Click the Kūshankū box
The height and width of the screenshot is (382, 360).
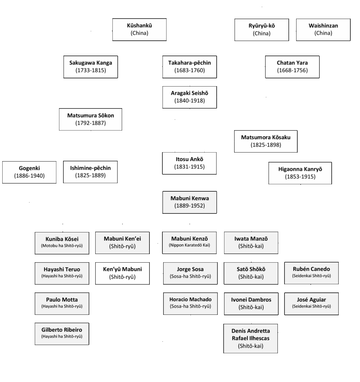pyautogui.click(x=139, y=29)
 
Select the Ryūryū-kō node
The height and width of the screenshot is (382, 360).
pyautogui.click(x=261, y=29)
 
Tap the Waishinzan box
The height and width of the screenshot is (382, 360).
pyautogui.click(x=323, y=29)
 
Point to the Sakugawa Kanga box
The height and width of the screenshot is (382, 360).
pyautogui.click(x=90, y=67)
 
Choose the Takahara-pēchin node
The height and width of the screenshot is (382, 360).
pyautogui.click(x=189, y=67)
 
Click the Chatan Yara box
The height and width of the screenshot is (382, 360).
pyautogui.click(x=292, y=67)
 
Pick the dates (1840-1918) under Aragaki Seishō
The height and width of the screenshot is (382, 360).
pyautogui.click(x=189, y=100)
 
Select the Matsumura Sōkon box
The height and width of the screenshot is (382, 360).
pyautogui.click(x=90, y=119)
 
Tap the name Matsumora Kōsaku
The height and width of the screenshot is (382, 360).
pyautogui.click(x=266, y=137)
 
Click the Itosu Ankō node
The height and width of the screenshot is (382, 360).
pyautogui.click(x=189, y=163)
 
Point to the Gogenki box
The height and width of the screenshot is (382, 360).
pyautogui.click(x=29, y=172)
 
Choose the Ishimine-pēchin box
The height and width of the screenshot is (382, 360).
pyautogui.click(x=90, y=172)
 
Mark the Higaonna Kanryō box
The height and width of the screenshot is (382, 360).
pyautogui.click(x=300, y=173)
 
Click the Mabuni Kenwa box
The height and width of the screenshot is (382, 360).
pyautogui.click(x=189, y=202)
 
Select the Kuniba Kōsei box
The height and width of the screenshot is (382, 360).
pyautogui.click(x=62, y=242)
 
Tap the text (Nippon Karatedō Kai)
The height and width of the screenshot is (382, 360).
pyautogui.click(x=189, y=246)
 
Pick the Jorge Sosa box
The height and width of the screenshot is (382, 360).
pyautogui.click(x=190, y=273)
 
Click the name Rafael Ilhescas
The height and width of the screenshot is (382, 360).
pyautogui.click(x=251, y=338)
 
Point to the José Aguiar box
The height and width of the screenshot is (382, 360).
pyautogui.click(x=311, y=303)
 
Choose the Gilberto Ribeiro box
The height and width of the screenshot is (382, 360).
pyautogui.click(x=62, y=334)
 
